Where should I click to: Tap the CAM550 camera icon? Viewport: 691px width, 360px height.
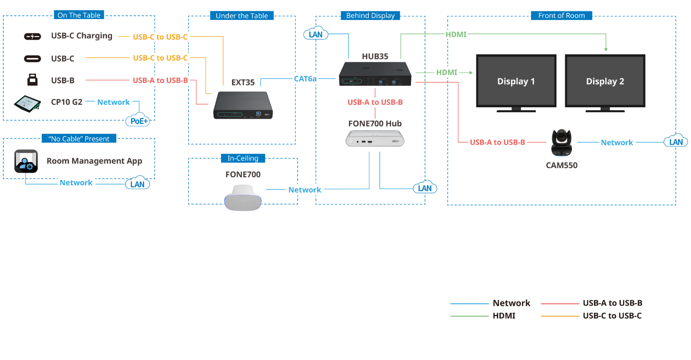point(561,143)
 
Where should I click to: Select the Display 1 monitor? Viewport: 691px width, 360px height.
point(516,82)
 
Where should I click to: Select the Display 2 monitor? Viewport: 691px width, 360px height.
point(605,82)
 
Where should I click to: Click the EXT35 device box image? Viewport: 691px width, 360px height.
point(243,105)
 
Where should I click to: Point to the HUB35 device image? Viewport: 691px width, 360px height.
point(375,74)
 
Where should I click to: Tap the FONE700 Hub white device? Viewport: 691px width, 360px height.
point(375,139)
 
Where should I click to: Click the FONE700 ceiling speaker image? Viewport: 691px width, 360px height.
point(243,198)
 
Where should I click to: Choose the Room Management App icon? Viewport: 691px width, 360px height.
point(26,161)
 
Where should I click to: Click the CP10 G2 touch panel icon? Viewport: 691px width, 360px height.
point(27,104)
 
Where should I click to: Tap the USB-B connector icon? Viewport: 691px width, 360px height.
point(32,80)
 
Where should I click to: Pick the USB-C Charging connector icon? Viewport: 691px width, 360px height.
point(32,36)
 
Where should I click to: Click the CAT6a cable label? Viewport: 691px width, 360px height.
point(305,78)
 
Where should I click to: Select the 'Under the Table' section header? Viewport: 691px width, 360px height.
point(241,15)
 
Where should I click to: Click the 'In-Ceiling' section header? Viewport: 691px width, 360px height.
point(243,158)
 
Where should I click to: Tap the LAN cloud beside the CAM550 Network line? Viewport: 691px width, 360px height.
point(676,141)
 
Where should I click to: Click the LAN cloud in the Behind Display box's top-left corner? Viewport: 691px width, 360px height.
point(316,34)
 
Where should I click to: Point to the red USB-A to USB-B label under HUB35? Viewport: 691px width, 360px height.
point(375,102)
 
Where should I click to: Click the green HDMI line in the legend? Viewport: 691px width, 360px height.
point(469,316)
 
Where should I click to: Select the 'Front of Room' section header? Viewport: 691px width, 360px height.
point(561,15)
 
